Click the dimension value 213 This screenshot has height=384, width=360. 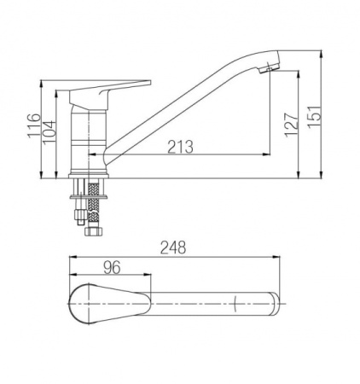coord(180,147)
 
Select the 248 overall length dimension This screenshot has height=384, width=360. coord(173,247)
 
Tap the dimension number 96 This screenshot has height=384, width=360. coord(112,267)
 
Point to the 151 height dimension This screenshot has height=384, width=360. coord(315,117)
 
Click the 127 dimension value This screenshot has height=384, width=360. coord(292,125)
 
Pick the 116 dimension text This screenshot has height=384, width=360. coord(34,125)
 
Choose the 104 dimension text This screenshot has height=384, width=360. coord(49,132)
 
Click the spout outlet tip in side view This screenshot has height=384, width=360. coord(269,68)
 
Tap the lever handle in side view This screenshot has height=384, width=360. coord(109,94)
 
